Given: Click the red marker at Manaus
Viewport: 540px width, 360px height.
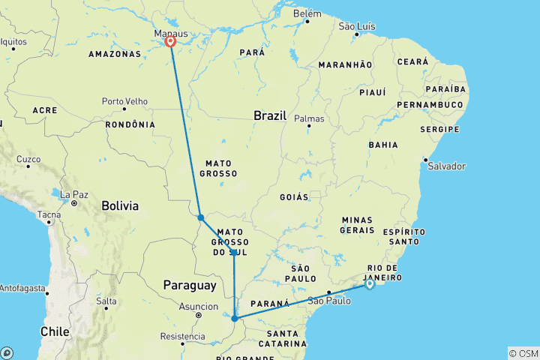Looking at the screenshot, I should tap(171, 42).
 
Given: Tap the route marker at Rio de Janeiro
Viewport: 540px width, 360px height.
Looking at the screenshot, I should tap(370, 284).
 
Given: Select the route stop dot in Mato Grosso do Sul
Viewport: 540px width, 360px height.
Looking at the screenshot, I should tap(234, 253).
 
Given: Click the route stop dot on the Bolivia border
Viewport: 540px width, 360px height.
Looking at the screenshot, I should tap(201, 218).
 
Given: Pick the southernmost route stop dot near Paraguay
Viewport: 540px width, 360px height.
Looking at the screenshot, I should tap(234, 319).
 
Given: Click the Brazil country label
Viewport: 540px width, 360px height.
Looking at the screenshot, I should tap(271, 116).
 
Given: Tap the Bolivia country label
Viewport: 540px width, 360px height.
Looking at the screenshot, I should tap(120, 205).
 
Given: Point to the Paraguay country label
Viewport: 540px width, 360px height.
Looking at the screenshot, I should tap(190, 285).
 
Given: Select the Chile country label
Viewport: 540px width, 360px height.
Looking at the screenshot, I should tap(54, 331).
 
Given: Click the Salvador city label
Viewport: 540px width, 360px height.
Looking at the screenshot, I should tap(448, 166).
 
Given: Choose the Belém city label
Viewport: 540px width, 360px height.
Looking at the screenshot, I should tap(307, 13).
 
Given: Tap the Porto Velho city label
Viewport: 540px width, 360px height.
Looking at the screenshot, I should tap(124, 100).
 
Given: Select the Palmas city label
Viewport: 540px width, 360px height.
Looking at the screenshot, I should tap(309, 118).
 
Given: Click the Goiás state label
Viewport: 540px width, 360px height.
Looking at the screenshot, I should tap(294, 196).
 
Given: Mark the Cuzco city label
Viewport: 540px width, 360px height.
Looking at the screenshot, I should tap(29, 159).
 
